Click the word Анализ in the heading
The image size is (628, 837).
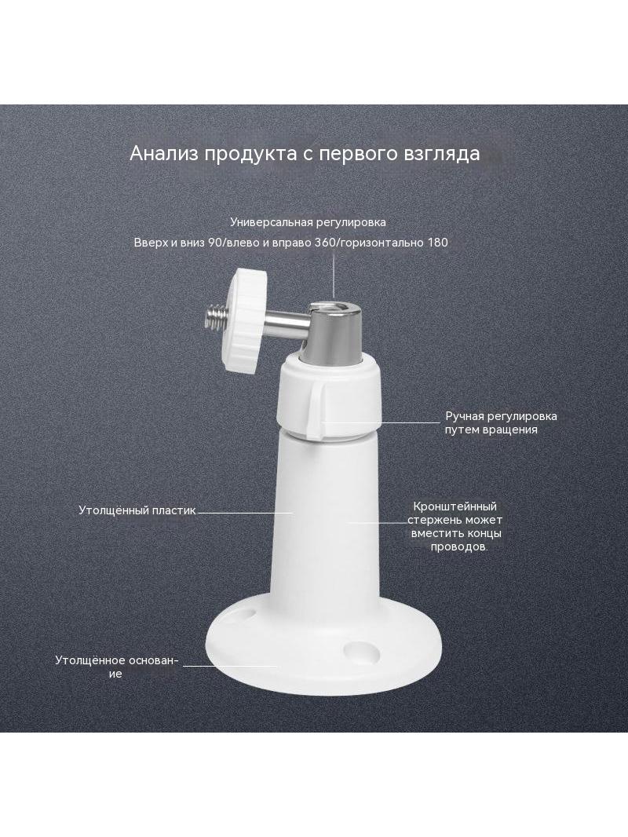point(164,154)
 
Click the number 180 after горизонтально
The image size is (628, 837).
point(437,243)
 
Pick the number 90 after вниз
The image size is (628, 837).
point(215,243)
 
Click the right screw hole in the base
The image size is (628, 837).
point(360,651)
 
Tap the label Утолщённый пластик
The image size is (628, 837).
point(137,510)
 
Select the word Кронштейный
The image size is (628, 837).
point(455,506)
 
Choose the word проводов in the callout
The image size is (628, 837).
point(459,547)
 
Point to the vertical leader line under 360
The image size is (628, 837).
point(334,274)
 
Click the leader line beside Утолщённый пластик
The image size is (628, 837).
point(246,513)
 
